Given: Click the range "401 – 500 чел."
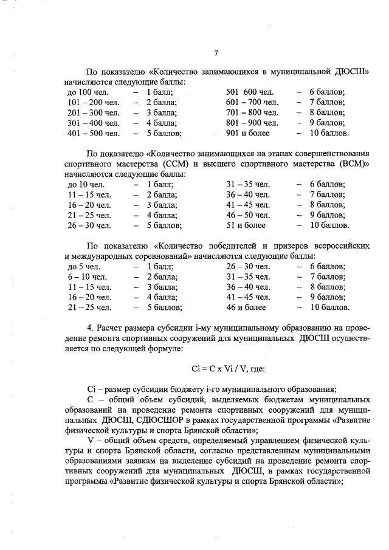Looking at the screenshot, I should click(94, 132).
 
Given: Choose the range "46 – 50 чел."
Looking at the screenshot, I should click(248, 215).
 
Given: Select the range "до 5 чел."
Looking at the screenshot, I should click(84, 267).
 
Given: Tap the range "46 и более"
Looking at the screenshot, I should click(246, 308).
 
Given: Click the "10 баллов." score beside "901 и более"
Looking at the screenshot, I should click(329, 132).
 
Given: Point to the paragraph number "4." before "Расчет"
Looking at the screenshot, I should click(91, 328).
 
